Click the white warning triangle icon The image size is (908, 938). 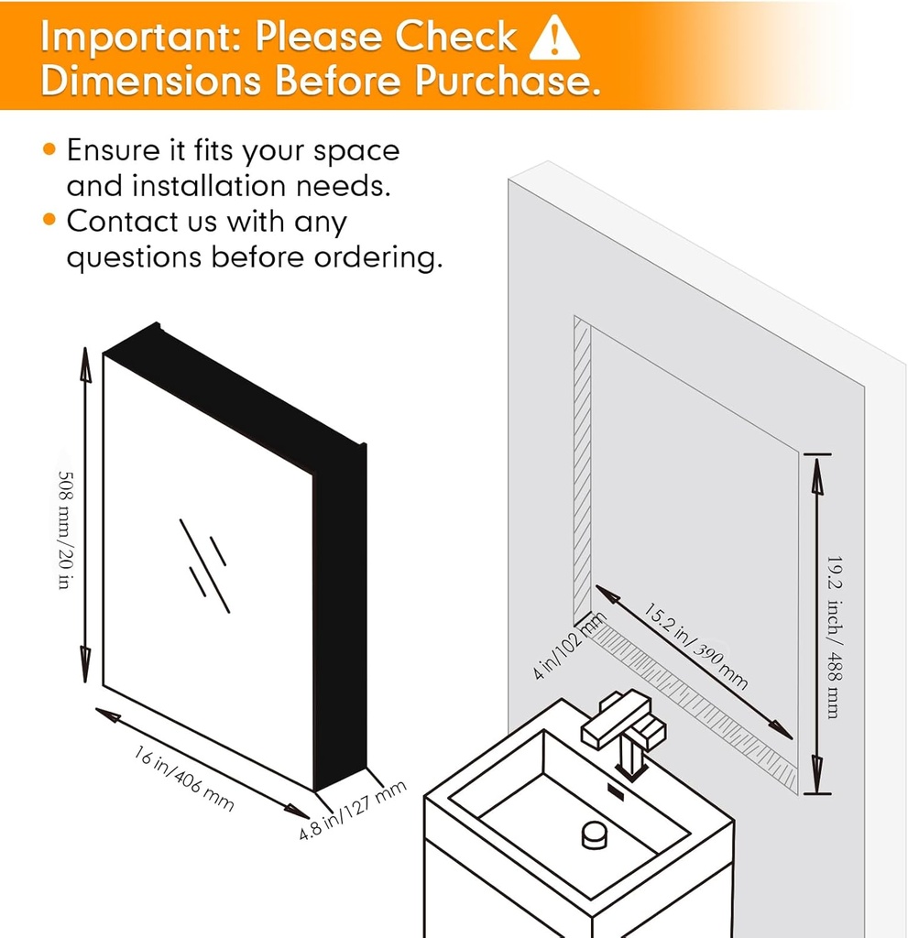pyautogui.click(x=554, y=38)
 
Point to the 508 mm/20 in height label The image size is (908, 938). pyautogui.click(x=65, y=529)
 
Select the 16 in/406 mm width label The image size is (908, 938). pyautogui.click(x=183, y=778)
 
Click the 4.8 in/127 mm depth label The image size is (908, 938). pyautogui.click(x=353, y=810)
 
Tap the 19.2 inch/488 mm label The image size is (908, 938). pyautogui.click(x=835, y=638)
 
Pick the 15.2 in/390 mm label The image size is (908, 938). pyautogui.click(x=695, y=646)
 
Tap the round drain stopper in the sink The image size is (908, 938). pyautogui.click(x=594, y=834)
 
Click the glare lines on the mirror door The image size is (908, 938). pyautogui.click(x=204, y=566)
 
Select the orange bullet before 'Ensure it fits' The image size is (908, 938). pyautogui.click(x=49, y=149)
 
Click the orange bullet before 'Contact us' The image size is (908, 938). pyautogui.click(x=49, y=220)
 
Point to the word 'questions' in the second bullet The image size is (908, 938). pyautogui.click(x=134, y=257)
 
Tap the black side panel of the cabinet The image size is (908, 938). pyautogui.click(x=339, y=616)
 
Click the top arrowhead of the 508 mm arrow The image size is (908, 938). pyautogui.click(x=85, y=365)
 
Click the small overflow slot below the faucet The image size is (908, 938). pyautogui.click(x=616, y=792)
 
